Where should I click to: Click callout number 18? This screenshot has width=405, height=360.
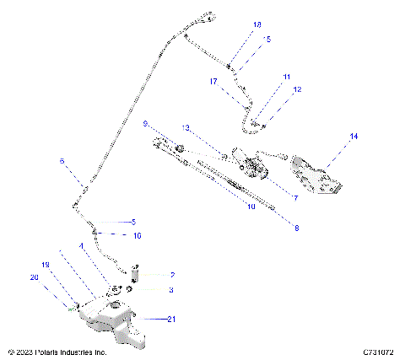pos(257,26)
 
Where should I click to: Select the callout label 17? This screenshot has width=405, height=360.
pos(214,82)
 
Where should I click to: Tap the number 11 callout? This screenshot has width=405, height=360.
pos(287,77)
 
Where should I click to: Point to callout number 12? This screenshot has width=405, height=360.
pos(296,89)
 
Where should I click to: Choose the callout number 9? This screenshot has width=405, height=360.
pos(145,124)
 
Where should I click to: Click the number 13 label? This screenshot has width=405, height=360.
pos(185,127)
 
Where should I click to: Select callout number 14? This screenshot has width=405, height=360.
pos(354,136)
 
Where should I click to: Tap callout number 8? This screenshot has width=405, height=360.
pos(296,227)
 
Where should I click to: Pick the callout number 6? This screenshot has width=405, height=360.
pos(62,160)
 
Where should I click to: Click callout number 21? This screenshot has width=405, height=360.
pos(172,319)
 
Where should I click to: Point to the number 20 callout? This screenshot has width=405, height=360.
pos(35,277)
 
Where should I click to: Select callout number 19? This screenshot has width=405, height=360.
pos(47,264)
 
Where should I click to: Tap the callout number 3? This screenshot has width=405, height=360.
pos(171,290)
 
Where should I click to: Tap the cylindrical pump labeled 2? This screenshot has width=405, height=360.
pos(135,276)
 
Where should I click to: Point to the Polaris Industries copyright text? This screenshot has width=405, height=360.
pos(57,351)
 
